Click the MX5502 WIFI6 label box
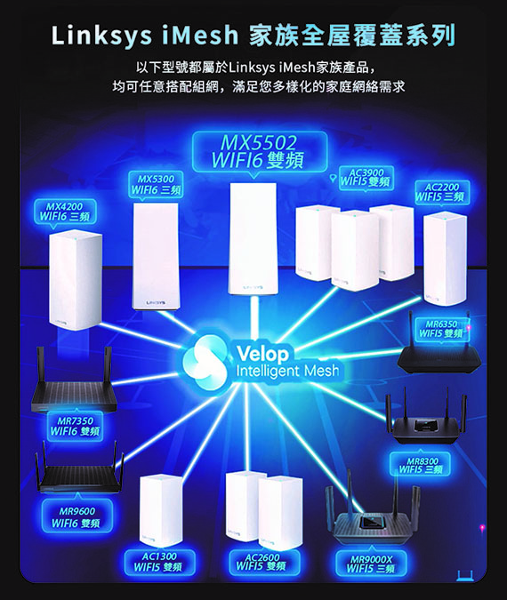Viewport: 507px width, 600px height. click(260, 152)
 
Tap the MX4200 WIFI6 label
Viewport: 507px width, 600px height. click(65, 212)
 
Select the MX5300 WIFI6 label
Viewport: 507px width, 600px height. click(156, 184)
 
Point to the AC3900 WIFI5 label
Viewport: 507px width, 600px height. click(366, 178)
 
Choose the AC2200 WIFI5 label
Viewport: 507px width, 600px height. click(442, 192)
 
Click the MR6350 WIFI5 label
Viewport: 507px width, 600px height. click(442, 329)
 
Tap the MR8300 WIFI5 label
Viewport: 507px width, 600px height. click(421, 465)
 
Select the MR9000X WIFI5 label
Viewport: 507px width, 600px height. click(371, 564)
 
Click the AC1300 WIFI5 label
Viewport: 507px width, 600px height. click(159, 562)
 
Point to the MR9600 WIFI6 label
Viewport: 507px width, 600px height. click(77, 517)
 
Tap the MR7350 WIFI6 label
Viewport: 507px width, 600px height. click(75, 426)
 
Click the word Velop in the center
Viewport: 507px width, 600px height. click(262, 354)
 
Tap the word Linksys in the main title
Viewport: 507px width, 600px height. click(101, 36)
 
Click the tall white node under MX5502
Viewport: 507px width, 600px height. click(253, 239)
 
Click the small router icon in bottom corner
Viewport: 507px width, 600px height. click(465, 576)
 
